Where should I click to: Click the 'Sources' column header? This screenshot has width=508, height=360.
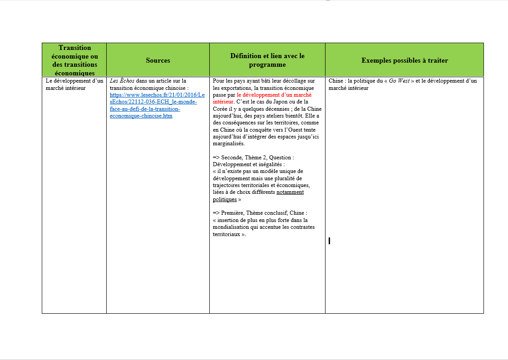[x=158, y=60]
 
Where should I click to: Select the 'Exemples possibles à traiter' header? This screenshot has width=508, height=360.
[x=404, y=60]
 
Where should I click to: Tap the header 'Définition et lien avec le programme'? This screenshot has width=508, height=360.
[x=267, y=60]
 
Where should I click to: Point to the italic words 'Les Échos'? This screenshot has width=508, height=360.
[x=122, y=81]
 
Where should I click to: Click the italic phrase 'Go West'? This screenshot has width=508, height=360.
[x=399, y=81]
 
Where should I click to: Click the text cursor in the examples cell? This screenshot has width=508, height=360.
[x=329, y=241]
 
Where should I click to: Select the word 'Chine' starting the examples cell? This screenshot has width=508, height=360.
[x=336, y=81]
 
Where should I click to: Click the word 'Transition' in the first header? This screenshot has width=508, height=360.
[x=74, y=48]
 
